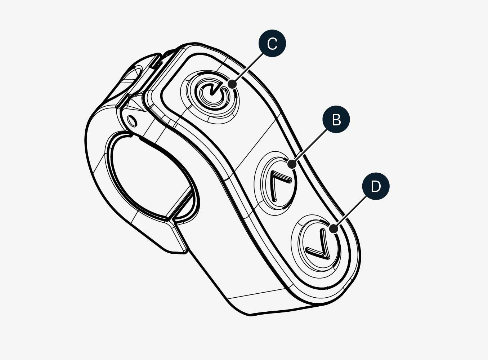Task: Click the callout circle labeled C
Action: pyautogui.click(x=272, y=43)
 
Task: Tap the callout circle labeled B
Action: pyautogui.click(x=336, y=119)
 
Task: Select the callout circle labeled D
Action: pyautogui.click(x=376, y=186)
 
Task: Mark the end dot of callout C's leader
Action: pyautogui.click(x=233, y=84)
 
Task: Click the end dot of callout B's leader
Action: pyautogui.click(x=292, y=164)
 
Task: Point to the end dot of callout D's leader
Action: pyautogui.click(x=333, y=228)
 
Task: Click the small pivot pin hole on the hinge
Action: pyautogui.click(x=132, y=121)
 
